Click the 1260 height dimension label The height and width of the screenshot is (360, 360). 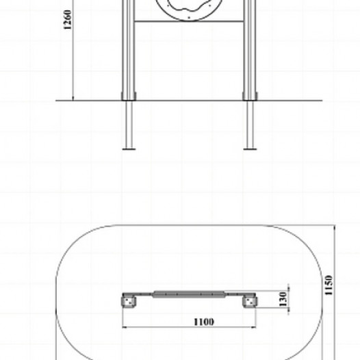pos(68,20)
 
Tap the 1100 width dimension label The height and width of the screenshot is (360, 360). pos(204,322)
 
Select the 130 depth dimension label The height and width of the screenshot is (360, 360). pos(283,299)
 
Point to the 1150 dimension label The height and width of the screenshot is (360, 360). pos(329,285)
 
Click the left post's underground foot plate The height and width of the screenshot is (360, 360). pos(129,149)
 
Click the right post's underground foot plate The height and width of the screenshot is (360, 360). pos(250,149)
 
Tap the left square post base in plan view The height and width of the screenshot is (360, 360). pos(129,302)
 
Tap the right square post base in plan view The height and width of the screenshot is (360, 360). pos(250,302)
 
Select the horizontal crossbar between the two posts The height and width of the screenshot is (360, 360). pos(189,22)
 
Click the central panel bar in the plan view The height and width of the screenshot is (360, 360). pos(189,294)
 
